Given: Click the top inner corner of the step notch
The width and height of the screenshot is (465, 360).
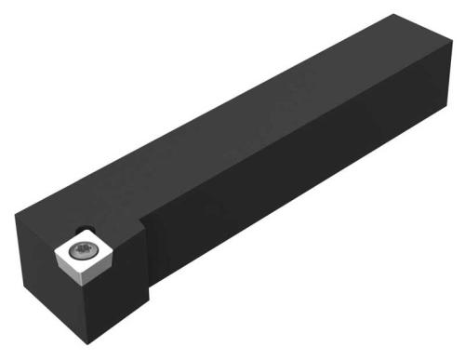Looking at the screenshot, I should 142,217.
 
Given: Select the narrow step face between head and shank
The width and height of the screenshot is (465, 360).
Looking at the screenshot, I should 146,256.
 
